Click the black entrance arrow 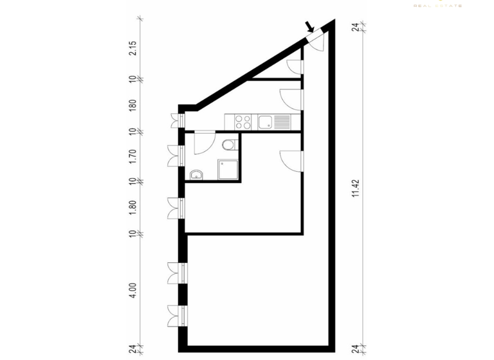tap(310, 27)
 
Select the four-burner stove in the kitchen tap(243, 121)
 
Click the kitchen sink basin tap(264, 121)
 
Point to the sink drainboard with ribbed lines tap(282, 121)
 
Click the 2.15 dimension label tap(133, 49)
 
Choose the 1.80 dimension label tap(133, 207)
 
